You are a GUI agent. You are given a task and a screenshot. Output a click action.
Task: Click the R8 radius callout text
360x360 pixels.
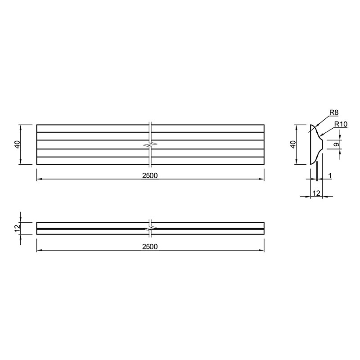click(334, 112)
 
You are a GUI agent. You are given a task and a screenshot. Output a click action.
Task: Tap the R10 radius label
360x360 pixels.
click(341, 124)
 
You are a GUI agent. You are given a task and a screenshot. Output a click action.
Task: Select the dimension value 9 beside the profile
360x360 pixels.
click(336, 144)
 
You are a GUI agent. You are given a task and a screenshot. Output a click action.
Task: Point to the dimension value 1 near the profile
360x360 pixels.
click(330, 176)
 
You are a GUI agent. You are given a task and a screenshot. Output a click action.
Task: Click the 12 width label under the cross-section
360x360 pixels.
click(316, 193)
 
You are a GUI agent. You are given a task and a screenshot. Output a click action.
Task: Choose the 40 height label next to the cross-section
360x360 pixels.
click(293, 144)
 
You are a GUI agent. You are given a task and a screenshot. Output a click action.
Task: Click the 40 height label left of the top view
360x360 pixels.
click(18, 144)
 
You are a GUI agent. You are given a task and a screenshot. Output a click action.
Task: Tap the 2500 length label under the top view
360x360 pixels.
click(150, 175)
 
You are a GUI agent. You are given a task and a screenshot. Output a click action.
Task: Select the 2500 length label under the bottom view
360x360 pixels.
click(150, 247)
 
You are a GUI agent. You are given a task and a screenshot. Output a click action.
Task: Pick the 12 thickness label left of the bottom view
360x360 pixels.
click(18, 228)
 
